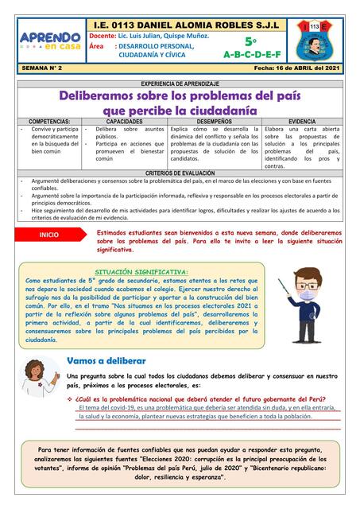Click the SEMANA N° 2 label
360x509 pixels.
tap(44, 70)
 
